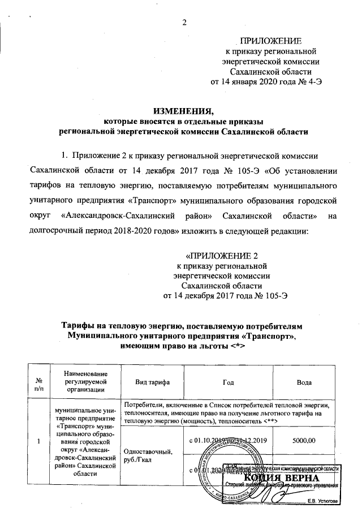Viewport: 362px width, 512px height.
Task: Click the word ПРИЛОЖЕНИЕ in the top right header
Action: pos(271,41)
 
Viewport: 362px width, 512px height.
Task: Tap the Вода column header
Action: pos(304,383)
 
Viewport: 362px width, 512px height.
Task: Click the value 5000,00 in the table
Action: pos(304,438)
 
